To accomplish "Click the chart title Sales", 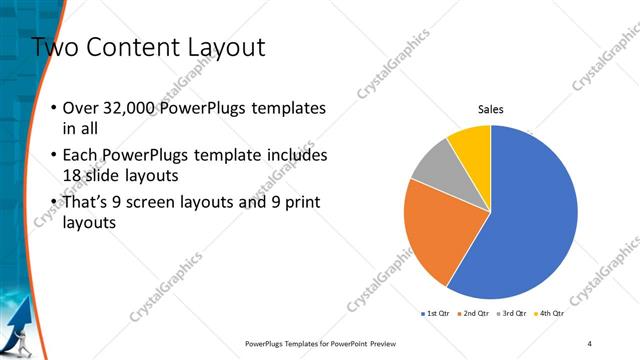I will coord(491,109).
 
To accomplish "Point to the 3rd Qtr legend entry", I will coord(511,313).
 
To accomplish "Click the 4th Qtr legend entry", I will coord(549,313).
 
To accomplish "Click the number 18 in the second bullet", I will coord(72,176).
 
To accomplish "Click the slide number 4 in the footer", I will coord(590,343).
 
